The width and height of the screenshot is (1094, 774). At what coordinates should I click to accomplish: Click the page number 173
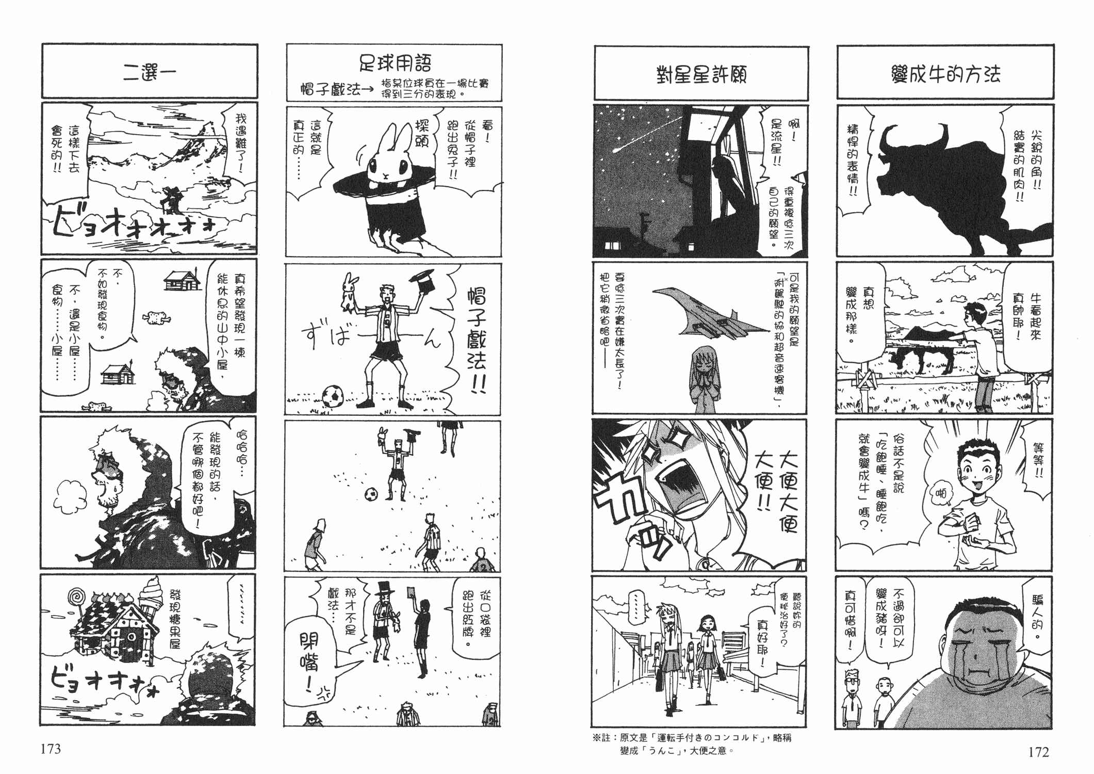pos(51,749)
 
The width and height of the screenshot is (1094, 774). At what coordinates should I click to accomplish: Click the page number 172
pos(1038,752)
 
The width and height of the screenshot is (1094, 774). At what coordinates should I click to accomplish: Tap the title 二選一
pos(150,72)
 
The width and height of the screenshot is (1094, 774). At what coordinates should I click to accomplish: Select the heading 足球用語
pos(395,63)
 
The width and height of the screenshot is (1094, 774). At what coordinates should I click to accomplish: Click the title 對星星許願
pos(701,75)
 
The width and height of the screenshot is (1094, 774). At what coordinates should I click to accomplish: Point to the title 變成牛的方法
pos(945,74)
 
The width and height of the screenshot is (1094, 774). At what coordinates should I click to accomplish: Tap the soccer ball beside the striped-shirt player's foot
pos(333,396)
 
